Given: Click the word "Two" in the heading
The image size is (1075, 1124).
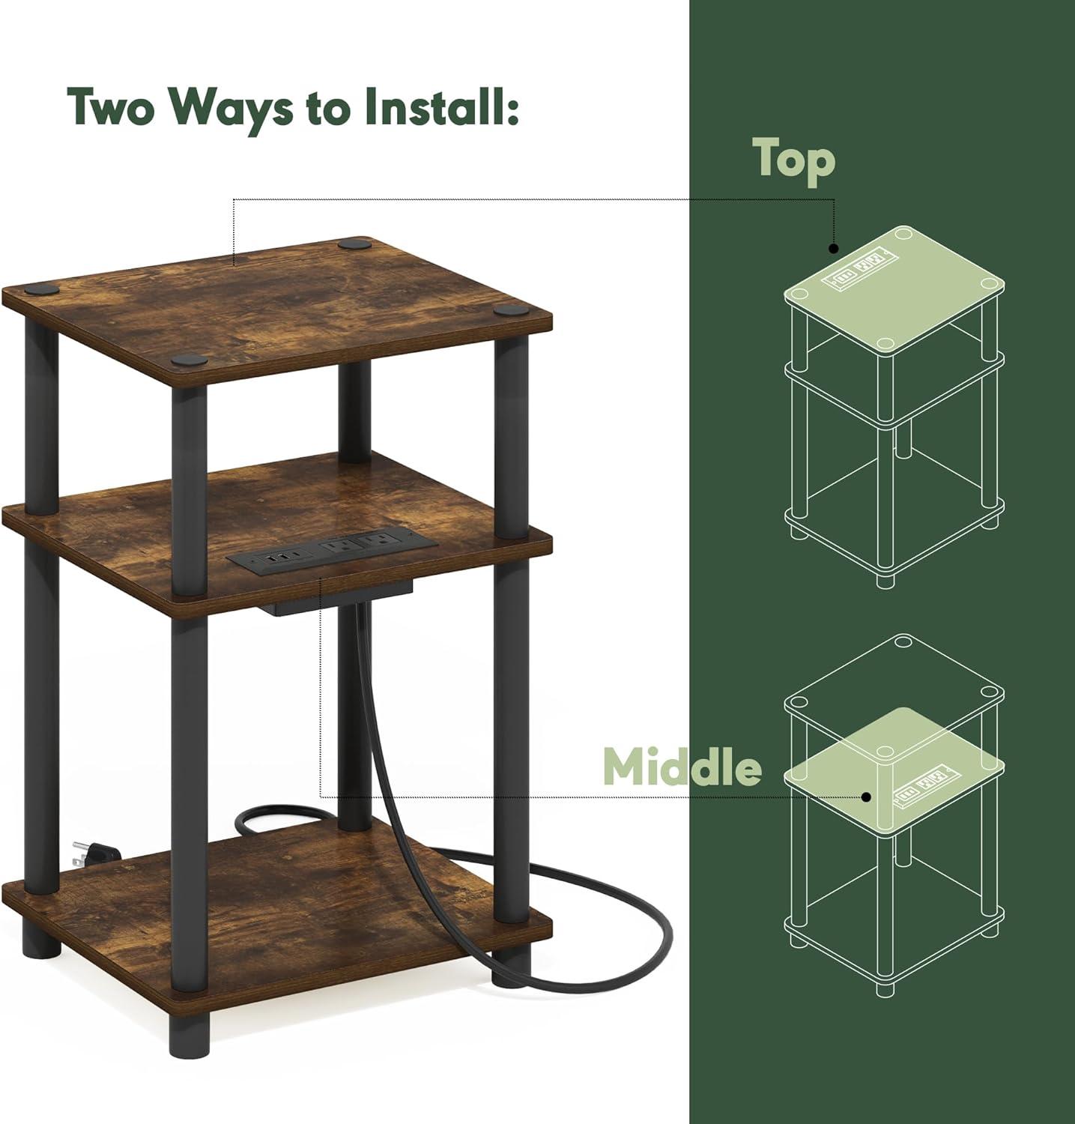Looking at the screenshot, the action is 113,107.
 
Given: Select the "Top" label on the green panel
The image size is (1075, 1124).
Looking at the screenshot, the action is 793,160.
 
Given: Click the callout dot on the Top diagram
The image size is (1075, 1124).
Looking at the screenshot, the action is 832,248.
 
